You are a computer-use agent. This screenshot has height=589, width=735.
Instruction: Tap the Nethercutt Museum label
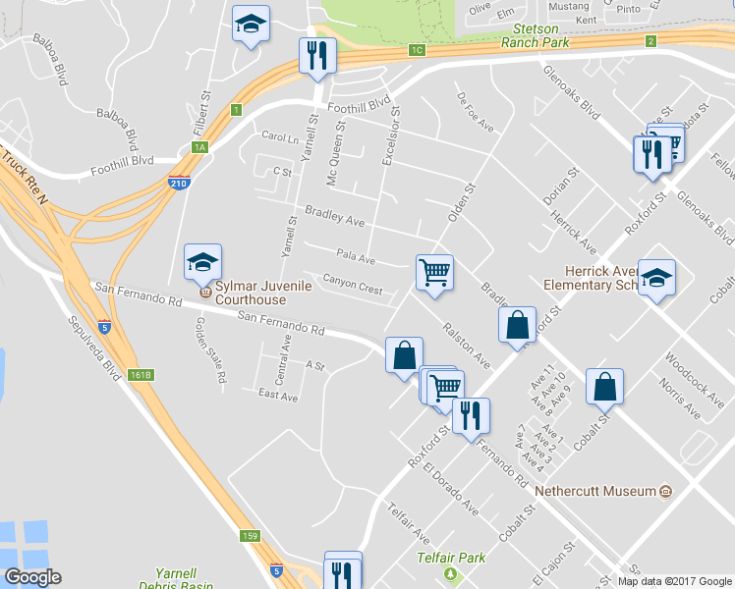click(x=595, y=490)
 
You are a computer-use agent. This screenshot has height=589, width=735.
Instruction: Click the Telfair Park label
click(x=451, y=558)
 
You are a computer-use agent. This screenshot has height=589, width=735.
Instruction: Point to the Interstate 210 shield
click(x=178, y=183)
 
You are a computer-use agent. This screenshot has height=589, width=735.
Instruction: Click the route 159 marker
click(x=251, y=536)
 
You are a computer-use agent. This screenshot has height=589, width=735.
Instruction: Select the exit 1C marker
click(x=418, y=50)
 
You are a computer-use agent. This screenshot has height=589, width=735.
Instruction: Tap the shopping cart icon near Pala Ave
click(x=434, y=272)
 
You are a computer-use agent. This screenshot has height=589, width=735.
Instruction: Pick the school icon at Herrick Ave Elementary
click(x=656, y=278)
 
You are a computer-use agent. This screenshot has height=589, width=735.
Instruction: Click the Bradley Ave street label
click(x=334, y=215)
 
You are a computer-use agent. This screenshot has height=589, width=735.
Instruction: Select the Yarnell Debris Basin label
click(x=188, y=579)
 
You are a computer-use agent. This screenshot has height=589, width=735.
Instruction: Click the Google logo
click(x=32, y=577)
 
